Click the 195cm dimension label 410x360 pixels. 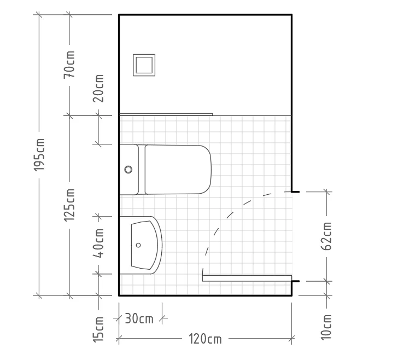[39, 155]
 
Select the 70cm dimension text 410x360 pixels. [69, 65]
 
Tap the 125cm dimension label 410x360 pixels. [69, 205]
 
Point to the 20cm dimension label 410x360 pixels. [98, 88]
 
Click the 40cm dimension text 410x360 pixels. [98, 243]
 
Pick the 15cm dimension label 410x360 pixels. [98, 329]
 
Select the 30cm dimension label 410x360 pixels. [139, 318]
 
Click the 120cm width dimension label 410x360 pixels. [205, 339]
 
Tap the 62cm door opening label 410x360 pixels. [326, 236]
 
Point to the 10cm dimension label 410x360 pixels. [326, 327]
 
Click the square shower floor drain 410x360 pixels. [144, 65]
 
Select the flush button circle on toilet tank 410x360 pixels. [128, 170]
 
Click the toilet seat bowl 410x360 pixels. [178, 170]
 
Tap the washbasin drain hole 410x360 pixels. [138, 245]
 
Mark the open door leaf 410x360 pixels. [247, 278]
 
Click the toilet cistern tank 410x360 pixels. [129, 170]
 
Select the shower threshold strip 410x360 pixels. [166, 114]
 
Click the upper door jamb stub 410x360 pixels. [295, 192]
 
